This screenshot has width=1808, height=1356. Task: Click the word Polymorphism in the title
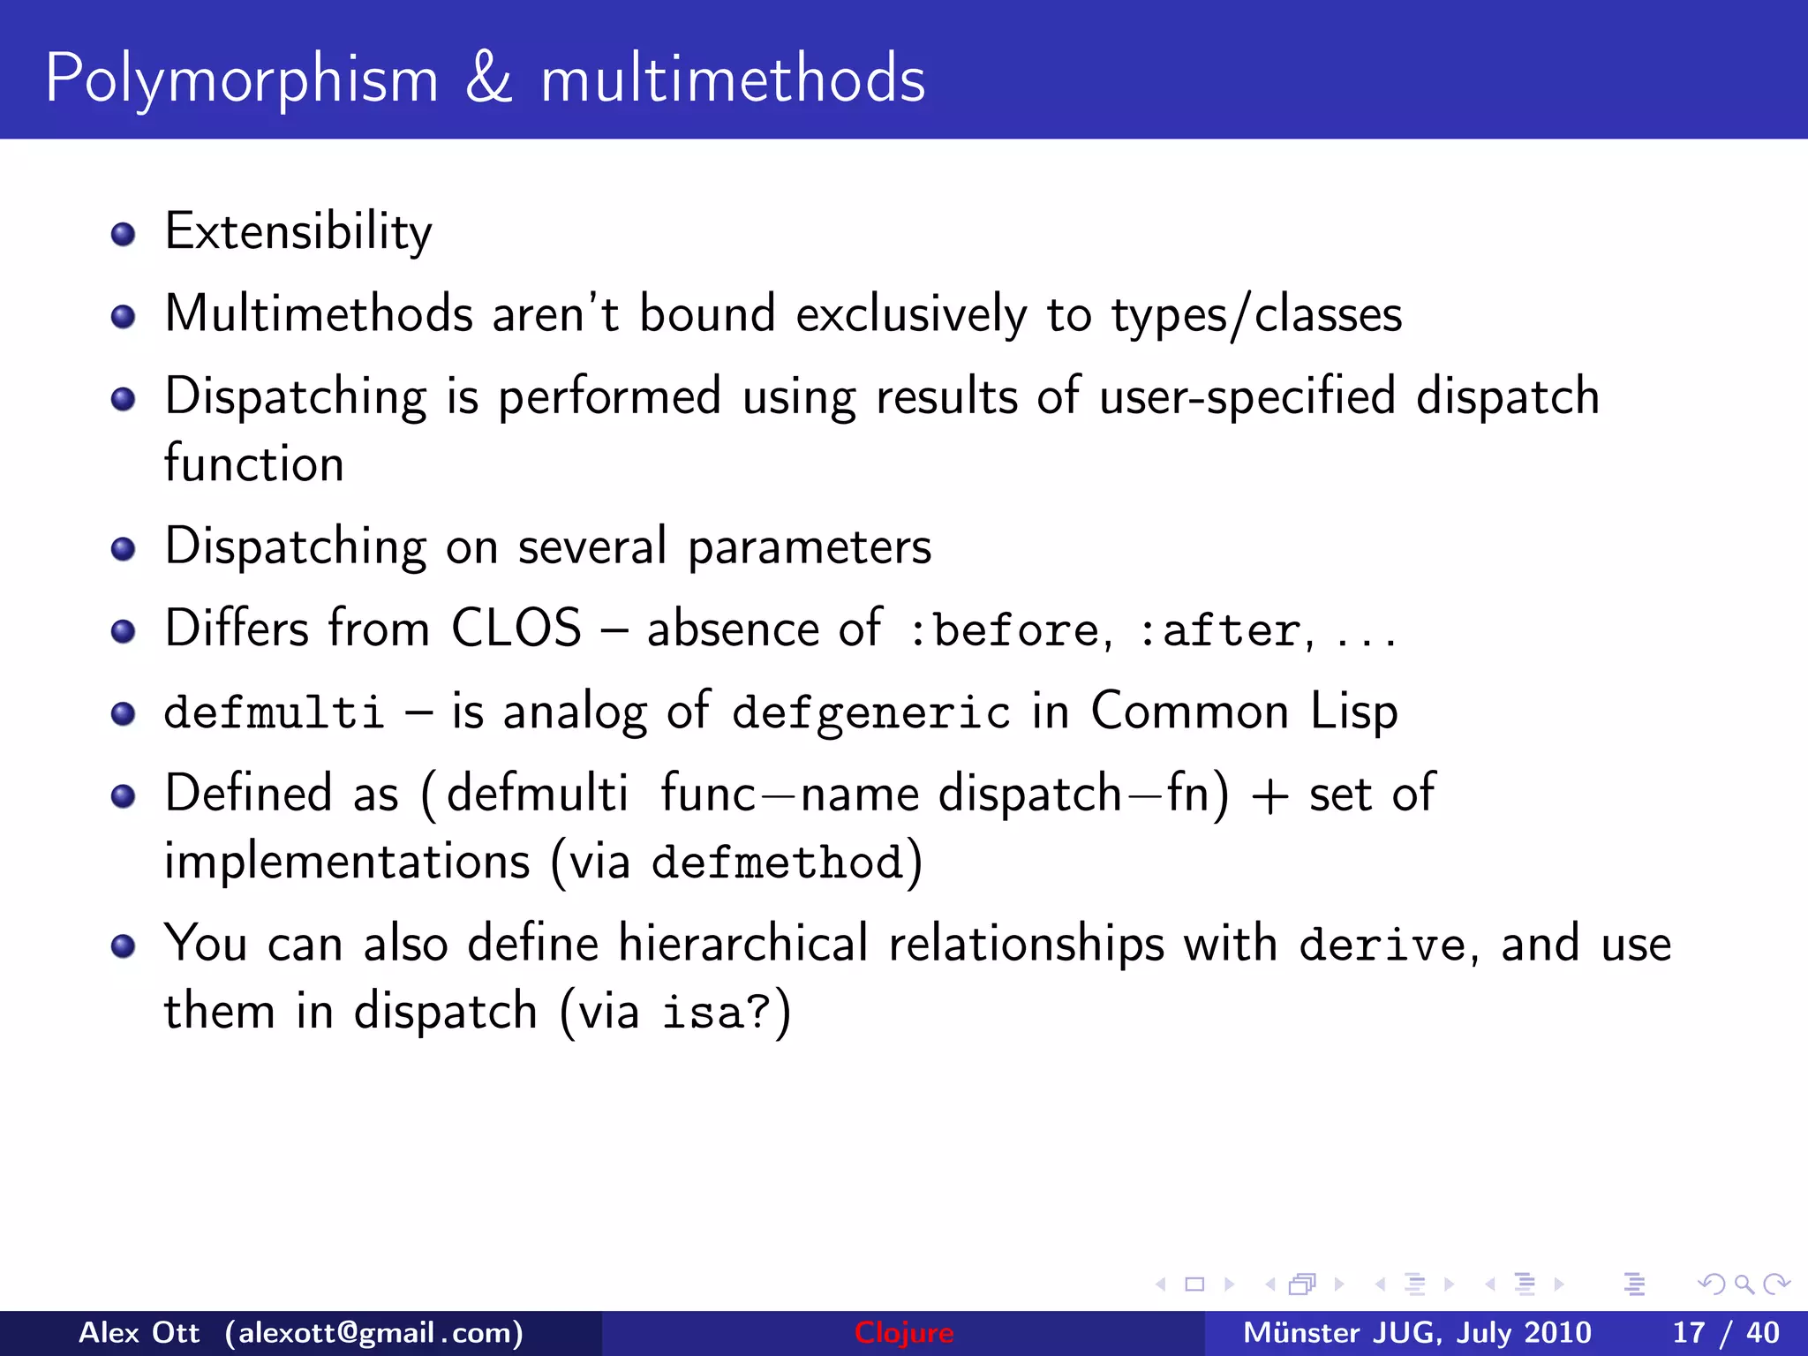tap(241, 79)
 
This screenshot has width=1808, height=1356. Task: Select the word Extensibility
tap(298, 232)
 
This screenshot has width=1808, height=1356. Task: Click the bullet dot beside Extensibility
tap(123, 234)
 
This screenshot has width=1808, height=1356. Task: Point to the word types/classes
tap(1256, 315)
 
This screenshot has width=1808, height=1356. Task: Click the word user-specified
tap(1247, 396)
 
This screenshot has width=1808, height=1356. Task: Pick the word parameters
tap(810, 547)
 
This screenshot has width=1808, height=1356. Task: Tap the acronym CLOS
tap(516, 629)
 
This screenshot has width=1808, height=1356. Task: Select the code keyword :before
tap(1004, 630)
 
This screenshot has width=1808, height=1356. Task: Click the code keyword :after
tap(1220, 630)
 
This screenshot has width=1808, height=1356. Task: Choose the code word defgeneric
tap(870, 712)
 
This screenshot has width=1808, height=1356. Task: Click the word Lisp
tap(1353, 711)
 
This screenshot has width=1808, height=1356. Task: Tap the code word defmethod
tap(777, 863)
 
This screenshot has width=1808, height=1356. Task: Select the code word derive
tap(1382, 945)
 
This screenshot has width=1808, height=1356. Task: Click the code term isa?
tap(717, 1013)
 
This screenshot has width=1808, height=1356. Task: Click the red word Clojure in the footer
tap(903, 1332)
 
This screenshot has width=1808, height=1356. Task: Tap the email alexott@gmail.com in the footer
tap(373, 1332)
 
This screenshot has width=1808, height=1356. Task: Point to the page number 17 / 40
tap(1725, 1332)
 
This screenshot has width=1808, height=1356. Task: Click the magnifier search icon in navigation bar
tap(1744, 1284)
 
